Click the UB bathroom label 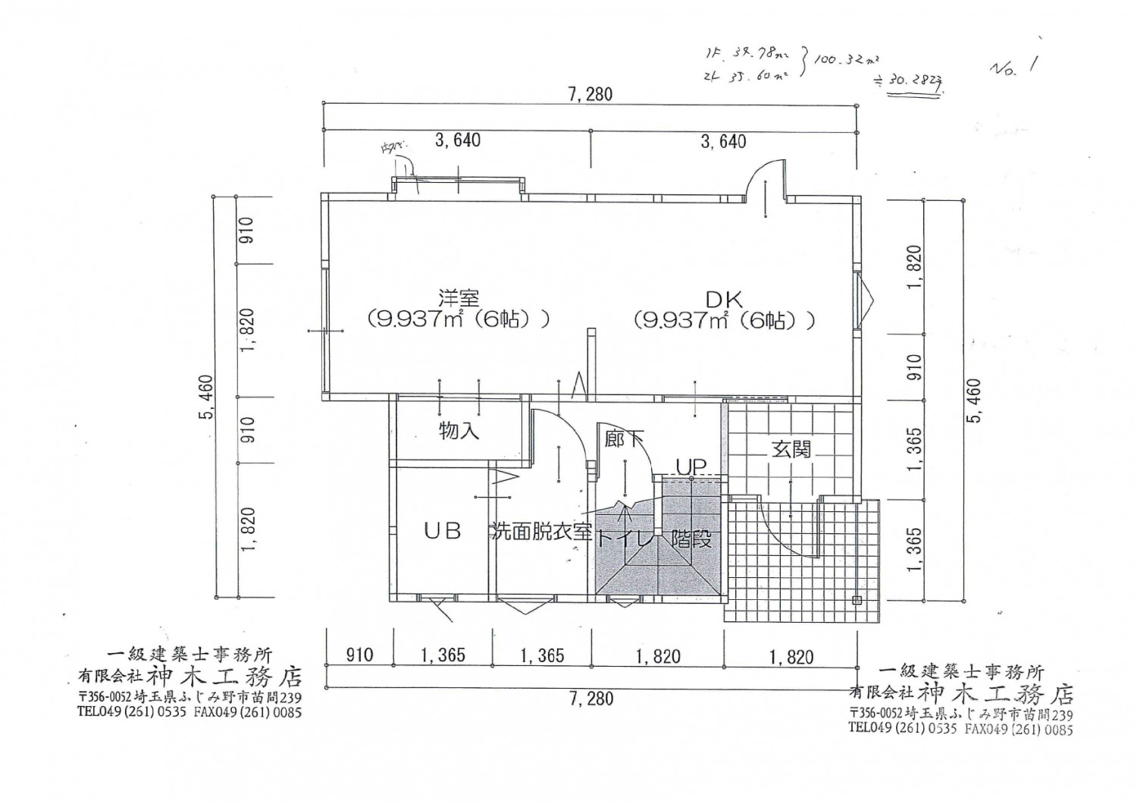pyautogui.click(x=442, y=531)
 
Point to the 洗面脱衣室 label pyautogui.click(x=541, y=532)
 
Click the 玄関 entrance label pyautogui.click(x=791, y=449)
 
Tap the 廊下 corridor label pyautogui.click(x=625, y=438)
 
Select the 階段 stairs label pyautogui.click(x=691, y=540)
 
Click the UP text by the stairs pyautogui.click(x=691, y=466)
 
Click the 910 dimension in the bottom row pyautogui.click(x=359, y=655)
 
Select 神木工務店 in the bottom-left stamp pyautogui.click(x=224, y=674)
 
